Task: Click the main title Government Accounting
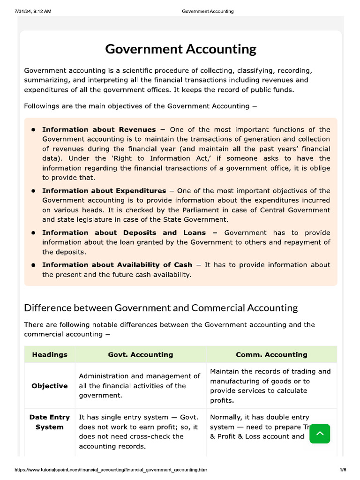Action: tap(180, 49)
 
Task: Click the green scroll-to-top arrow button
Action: tap(320, 434)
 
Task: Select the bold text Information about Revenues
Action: tap(99, 129)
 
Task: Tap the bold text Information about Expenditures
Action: tap(104, 191)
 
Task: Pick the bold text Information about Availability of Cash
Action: tap(117, 265)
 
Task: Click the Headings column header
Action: tap(50, 354)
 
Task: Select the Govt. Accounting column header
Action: tap(141, 354)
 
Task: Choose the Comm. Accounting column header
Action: tap(271, 354)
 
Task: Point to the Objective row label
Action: tap(50, 386)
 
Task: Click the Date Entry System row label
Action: tap(50, 422)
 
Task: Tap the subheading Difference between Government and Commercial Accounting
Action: tap(161, 308)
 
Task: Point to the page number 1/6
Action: tap(343, 470)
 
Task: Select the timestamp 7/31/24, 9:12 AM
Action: tap(33, 11)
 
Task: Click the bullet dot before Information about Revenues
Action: tap(34, 130)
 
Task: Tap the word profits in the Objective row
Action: tap(222, 400)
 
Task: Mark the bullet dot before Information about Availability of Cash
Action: tap(34, 265)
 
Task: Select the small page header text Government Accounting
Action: tap(207, 11)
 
